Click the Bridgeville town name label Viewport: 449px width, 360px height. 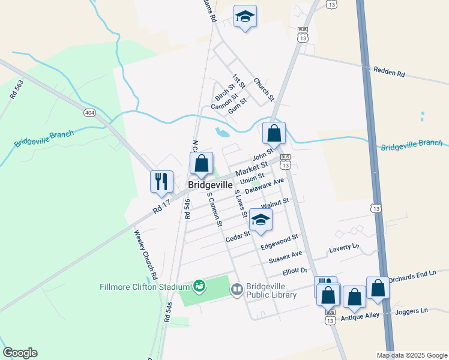210,185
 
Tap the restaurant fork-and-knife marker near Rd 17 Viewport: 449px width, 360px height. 161,181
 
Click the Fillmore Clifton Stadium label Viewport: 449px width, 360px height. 145,287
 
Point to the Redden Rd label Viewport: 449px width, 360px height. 389,73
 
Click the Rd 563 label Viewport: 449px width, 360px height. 16,89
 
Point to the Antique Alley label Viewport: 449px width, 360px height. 360,317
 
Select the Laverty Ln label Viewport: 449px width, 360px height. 344,247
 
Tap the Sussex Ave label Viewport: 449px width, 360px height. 285,257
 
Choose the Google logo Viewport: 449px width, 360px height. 20,353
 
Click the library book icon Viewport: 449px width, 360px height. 237,290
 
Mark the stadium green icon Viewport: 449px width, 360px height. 199,287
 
